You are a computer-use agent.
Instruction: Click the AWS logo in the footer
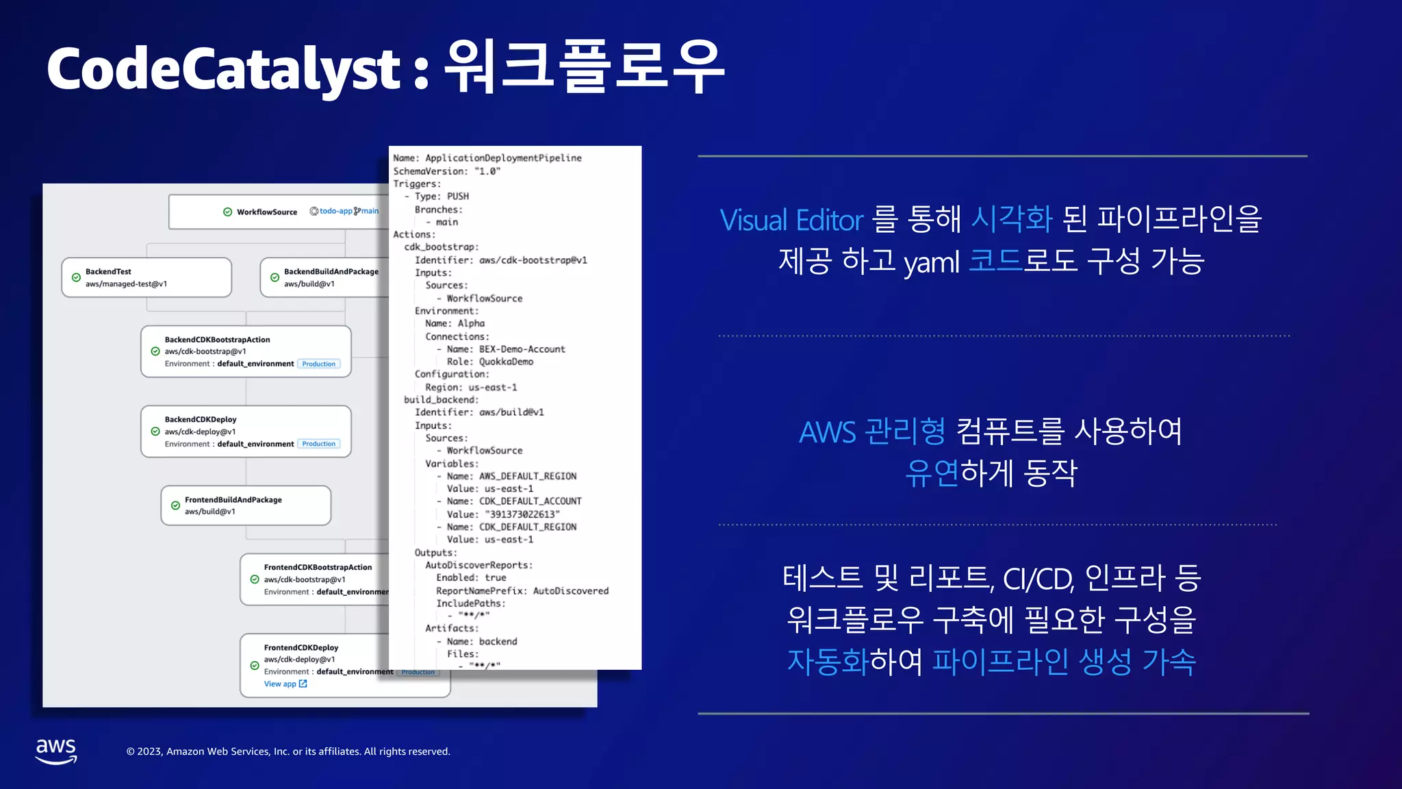(56, 751)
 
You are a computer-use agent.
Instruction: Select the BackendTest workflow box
(146, 277)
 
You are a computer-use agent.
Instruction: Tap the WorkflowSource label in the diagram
(266, 212)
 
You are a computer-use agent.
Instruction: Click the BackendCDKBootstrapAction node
(246, 351)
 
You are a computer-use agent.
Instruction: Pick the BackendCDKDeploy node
(246, 431)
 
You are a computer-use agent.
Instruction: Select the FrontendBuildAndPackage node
(246, 505)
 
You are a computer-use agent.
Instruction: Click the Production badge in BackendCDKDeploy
(319, 444)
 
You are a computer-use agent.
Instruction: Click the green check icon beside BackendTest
(76, 277)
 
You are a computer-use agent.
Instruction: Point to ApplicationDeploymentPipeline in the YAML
(503, 158)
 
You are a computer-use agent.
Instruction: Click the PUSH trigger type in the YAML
(458, 197)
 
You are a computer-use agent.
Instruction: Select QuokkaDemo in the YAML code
(506, 362)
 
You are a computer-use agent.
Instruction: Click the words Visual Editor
(791, 221)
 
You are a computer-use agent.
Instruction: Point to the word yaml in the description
(931, 262)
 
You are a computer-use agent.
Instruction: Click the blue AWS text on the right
(828, 432)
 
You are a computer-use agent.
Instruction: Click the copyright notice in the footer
(288, 751)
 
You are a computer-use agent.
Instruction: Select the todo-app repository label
(335, 211)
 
